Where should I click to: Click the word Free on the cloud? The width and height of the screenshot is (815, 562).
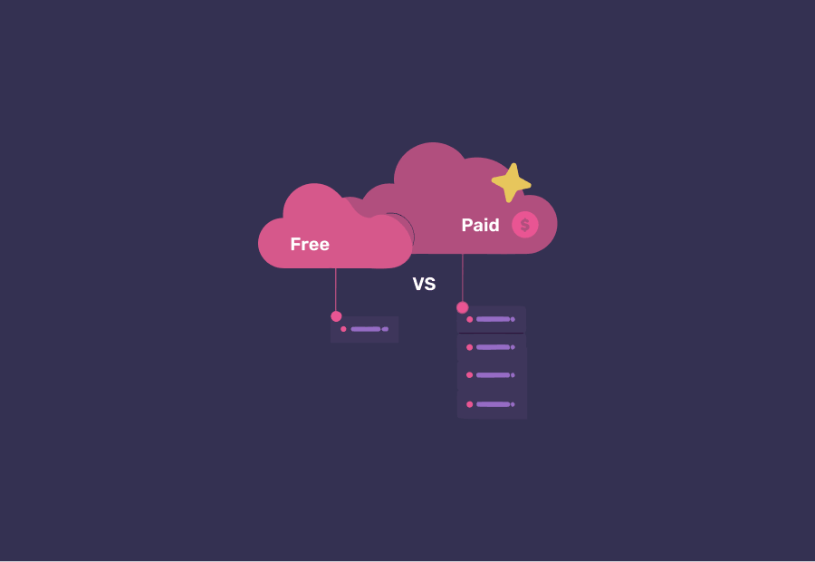tap(310, 244)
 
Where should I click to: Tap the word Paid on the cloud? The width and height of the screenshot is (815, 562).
tap(480, 225)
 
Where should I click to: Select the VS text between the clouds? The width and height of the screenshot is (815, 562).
tap(424, 284)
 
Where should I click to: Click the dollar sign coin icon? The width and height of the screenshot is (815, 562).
tap(525, 225)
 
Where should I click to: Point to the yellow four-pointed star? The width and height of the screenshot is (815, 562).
tap(512, 182)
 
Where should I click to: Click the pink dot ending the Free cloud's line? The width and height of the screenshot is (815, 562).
tap(336, 316)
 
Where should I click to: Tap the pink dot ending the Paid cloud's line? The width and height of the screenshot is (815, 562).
tap(463, 307)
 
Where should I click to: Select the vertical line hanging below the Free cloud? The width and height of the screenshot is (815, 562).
tap(336, 290)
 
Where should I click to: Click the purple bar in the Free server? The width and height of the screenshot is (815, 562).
tap(366, 329)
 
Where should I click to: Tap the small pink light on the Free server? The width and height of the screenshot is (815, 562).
tap(343, 329)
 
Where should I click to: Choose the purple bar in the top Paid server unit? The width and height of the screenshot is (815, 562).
tap(493, 319)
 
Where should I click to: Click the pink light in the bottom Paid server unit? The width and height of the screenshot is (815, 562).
tap(469, 404)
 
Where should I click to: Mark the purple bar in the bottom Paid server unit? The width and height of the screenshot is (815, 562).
tap(493, 404)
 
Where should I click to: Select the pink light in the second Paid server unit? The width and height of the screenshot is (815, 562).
tap(469, 347)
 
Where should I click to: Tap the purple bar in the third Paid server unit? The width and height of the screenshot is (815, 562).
tap(493, 375)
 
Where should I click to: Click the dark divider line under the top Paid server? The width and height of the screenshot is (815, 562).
tap(491, 333)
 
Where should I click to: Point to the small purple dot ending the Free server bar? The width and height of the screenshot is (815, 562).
tap(385, 329)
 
